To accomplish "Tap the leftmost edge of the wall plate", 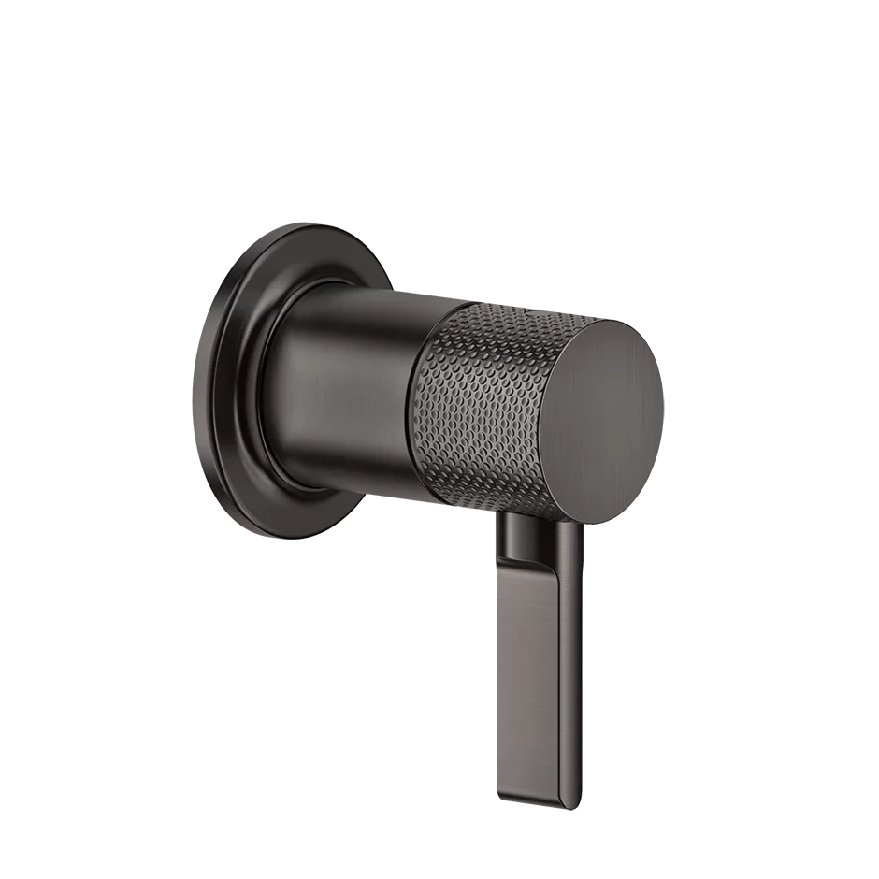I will coord(211,393).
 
